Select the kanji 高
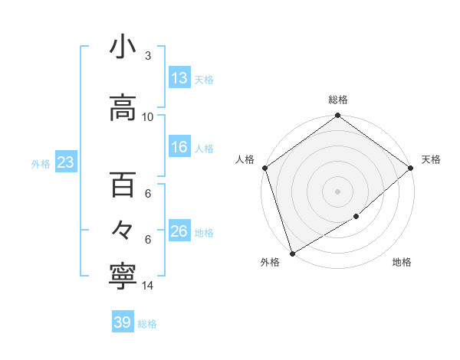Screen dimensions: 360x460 [123, 108]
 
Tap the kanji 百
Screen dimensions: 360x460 [123, 185]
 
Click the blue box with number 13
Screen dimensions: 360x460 [179, 78]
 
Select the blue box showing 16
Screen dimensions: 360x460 [179, 147]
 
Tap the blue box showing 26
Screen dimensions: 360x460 [179, 231]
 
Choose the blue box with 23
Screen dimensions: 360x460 [64, 162]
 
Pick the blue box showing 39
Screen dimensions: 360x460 [122, 322]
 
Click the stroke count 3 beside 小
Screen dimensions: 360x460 [148, 55]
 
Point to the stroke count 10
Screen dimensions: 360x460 [148, 116]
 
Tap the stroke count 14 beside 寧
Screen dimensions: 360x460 [148, 285]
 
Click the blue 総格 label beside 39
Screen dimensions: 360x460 [147, 324]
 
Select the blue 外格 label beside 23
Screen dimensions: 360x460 [40, 163]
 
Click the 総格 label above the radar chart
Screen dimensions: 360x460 [338, 100]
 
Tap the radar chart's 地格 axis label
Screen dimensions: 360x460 [402, 262]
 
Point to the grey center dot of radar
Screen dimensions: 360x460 [338, 191]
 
